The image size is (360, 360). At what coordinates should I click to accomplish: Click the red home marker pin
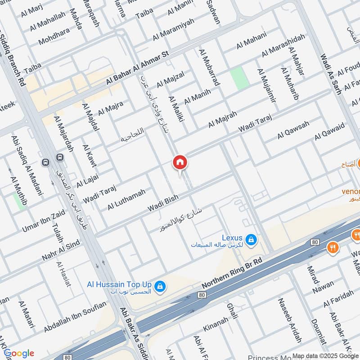180,163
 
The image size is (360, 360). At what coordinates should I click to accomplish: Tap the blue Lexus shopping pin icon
252,240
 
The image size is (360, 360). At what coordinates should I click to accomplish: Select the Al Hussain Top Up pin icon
159,286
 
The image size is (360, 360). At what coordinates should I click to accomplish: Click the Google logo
19,353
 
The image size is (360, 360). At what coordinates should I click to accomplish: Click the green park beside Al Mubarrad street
239,78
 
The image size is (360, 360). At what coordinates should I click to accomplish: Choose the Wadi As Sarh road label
331,72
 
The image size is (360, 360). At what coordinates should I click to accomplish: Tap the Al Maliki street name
177,111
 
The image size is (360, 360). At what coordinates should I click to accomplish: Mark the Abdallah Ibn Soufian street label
75,317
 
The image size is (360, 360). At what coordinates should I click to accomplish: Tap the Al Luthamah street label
126,199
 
